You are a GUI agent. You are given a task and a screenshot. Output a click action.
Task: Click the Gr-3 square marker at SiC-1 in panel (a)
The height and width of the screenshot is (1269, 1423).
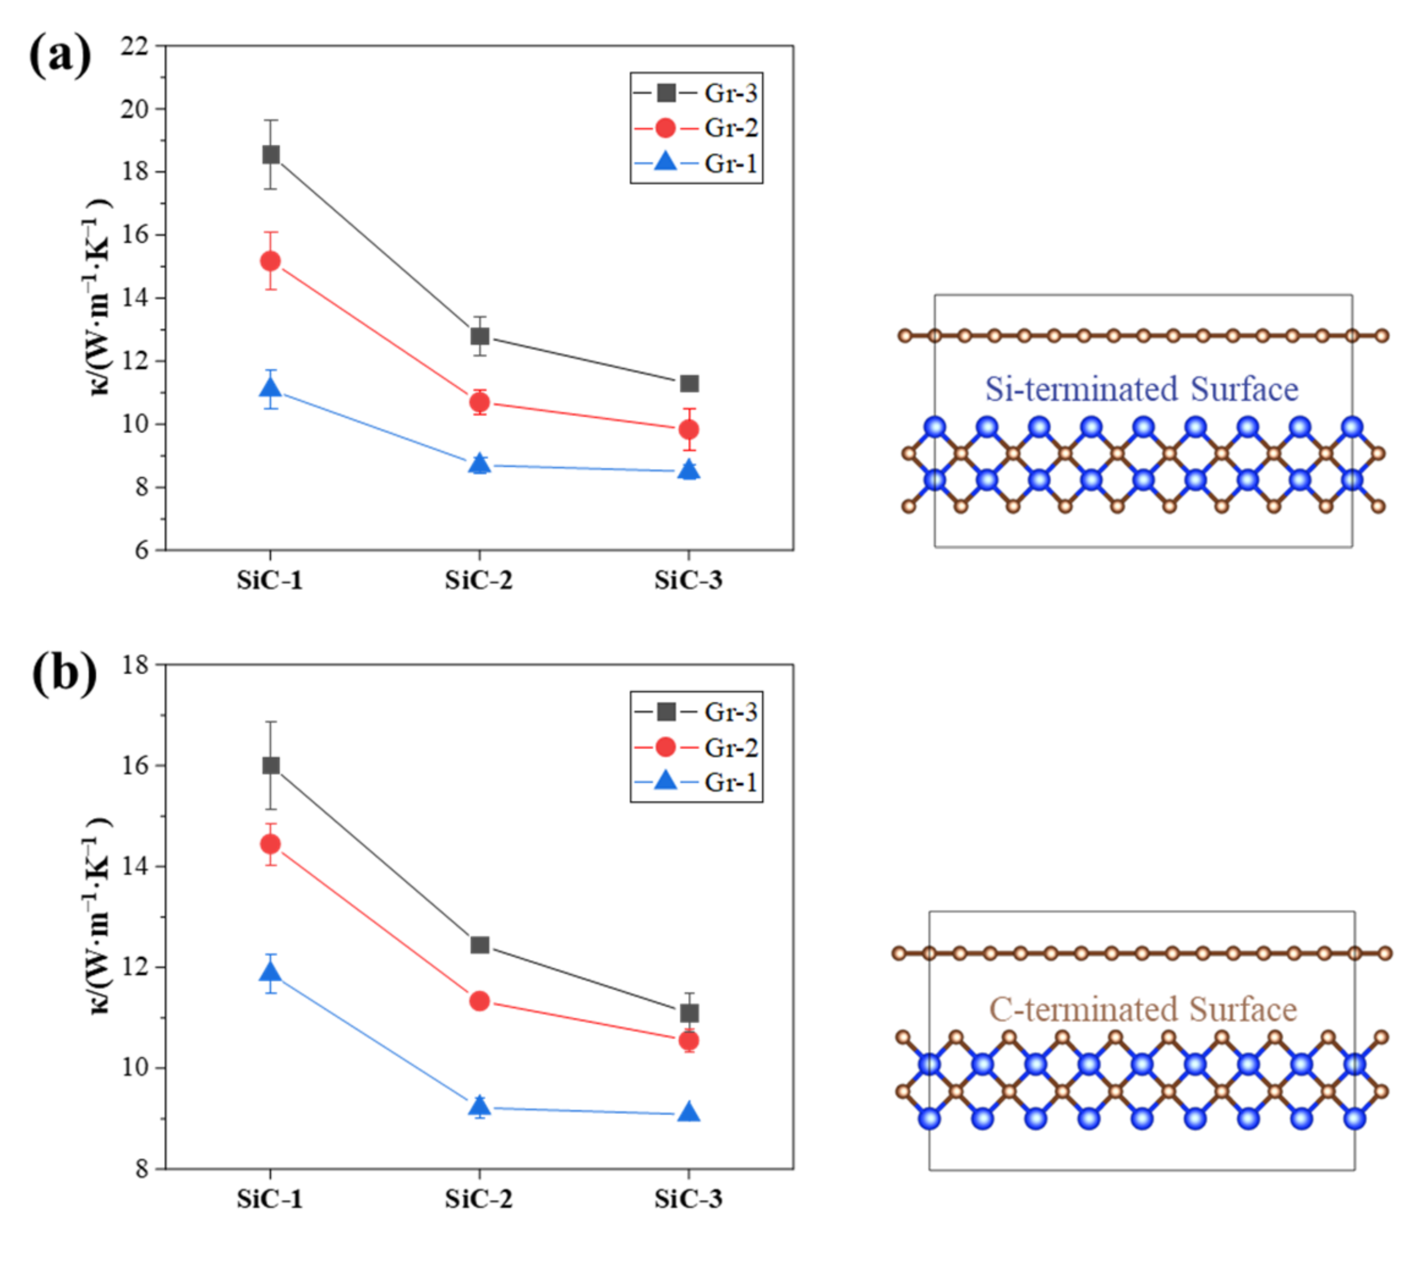pos(271,154)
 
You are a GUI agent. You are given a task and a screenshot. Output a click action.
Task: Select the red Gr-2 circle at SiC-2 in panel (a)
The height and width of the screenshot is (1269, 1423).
pos(479,402)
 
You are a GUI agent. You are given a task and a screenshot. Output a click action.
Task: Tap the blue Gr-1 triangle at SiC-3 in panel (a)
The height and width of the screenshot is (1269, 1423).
pos(689,470)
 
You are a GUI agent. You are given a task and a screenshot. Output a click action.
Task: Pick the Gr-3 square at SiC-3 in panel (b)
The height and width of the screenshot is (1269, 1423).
pos(689,1013)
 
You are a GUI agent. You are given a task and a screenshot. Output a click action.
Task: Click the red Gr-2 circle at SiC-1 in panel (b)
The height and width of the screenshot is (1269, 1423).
pos(271,844)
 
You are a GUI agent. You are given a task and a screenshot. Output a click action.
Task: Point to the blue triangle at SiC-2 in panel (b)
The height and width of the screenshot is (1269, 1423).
pos(479,1105)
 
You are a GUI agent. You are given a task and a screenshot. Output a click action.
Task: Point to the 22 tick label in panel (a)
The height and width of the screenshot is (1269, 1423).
pos(135,46)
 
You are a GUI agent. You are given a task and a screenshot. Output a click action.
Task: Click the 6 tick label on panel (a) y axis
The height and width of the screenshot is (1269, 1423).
pos(141,550)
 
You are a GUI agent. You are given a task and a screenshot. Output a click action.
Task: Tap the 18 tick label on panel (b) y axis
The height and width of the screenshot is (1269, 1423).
pos(135,665)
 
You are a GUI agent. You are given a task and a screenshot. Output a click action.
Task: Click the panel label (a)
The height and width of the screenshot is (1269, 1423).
pos(60,56)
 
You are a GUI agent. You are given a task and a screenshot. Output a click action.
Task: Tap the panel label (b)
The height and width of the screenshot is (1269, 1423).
pos(64,673)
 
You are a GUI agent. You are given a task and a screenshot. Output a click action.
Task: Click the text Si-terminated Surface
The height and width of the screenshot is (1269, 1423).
pos(1141,389)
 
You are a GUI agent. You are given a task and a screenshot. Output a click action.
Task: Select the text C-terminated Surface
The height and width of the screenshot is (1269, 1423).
pos(1143,1009)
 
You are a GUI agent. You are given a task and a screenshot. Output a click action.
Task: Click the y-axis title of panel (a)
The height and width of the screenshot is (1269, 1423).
pos(99,298)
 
